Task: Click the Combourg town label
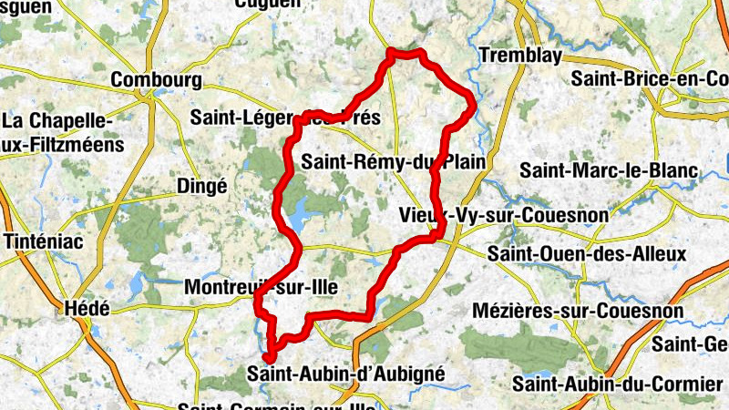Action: [x=156, y=80]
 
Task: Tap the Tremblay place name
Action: [x=520, y=56]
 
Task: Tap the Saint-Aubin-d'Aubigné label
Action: [x=345, y=373]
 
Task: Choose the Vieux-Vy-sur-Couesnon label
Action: [x=491, y=215]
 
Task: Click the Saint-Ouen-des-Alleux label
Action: [x=587, y=252]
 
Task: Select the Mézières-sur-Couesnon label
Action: [x=579, y=311]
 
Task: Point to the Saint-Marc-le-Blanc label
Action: [x=609, y=169]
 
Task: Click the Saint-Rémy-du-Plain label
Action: [x=392, y=162]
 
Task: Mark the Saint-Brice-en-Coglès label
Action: [x=650, y=79]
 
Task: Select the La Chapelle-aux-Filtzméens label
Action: [x=56, y=131]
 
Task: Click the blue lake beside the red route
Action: [x=297, y=215]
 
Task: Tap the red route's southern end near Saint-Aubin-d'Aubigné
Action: [x=269, y=357]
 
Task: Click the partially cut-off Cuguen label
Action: [x=267, y=4]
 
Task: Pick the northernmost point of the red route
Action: [x=394, y=51]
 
